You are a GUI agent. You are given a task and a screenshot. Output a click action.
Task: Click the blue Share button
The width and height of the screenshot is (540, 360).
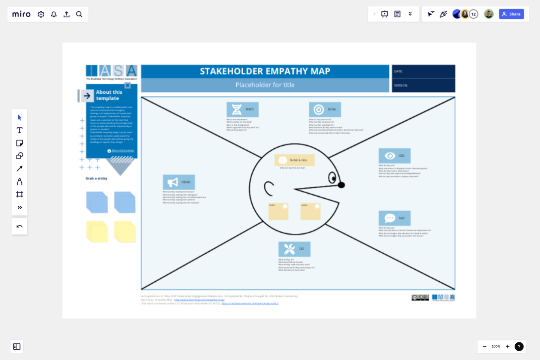(x=511, y=14)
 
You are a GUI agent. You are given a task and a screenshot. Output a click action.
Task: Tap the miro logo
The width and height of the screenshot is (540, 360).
(x=21, y=14)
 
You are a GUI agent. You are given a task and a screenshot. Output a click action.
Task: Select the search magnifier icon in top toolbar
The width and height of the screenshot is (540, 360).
(x=79, y=14)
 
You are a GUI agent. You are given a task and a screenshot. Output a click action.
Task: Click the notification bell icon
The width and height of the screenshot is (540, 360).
(x=54, y=14)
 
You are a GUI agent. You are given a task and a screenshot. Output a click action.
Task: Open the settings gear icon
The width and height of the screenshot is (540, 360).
(x=41, y=14)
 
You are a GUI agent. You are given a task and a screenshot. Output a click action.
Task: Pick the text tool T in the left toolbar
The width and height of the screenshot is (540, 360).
(x=19, y=130)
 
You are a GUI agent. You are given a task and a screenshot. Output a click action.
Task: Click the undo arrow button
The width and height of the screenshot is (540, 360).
(x=19, y=226)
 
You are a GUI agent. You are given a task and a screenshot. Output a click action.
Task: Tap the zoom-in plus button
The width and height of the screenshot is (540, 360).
(x=507, y=347)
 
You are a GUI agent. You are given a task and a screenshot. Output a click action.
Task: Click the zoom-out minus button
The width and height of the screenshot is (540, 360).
(x=484, y=347)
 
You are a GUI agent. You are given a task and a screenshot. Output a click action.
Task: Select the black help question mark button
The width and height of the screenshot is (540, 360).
(x=519, y=347)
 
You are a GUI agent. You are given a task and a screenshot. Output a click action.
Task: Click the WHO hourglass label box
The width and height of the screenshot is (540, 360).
(x=242, y=109)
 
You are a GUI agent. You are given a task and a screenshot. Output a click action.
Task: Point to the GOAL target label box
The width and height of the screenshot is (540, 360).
(x=325, y=109)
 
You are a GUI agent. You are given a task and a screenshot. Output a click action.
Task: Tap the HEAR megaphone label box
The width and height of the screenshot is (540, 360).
(x=179, y=182)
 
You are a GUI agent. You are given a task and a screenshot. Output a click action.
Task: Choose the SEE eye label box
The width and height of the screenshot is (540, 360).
(x=394, y=156)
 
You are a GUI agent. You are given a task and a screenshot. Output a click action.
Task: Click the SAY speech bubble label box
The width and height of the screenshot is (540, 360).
(x=394, y=218)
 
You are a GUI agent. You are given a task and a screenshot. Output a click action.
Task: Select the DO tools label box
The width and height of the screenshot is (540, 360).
(x=294, y=249)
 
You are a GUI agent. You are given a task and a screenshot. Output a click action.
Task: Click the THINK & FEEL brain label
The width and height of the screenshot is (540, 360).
(x=294, y=160)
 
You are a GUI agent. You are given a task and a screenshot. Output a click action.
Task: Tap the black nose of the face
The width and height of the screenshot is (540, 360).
(x=341, y=185)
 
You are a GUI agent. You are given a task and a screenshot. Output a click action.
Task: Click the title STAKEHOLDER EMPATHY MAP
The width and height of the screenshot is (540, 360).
(x=265, y=71)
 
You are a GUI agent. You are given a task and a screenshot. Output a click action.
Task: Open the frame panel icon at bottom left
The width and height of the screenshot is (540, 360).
(x=17, y=347)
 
